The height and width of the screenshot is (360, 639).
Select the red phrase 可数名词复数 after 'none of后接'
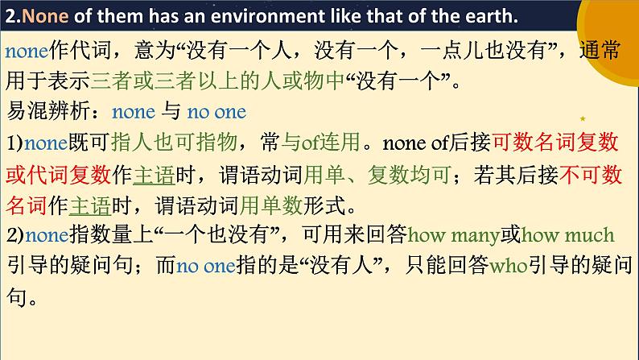pyautogui.click(x=554, y=143)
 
